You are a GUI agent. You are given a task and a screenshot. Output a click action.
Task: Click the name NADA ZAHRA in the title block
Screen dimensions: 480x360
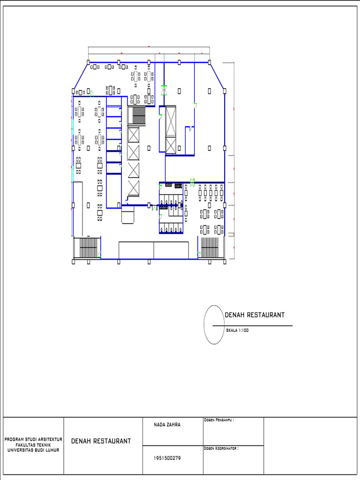point(167,425)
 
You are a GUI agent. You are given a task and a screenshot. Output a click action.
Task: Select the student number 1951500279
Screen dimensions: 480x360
point(167,458)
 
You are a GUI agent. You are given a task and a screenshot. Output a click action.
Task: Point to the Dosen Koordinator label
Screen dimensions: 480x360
point(221,448)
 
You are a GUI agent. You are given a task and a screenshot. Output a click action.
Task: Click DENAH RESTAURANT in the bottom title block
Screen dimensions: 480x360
point(101,441)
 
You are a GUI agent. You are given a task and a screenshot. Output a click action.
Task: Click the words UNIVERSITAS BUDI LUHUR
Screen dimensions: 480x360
point(33,449)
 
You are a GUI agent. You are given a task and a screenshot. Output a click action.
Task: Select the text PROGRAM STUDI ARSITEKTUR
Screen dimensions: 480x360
point(33,439)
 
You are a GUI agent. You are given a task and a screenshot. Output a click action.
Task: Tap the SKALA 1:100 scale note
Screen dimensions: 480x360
point(237,330)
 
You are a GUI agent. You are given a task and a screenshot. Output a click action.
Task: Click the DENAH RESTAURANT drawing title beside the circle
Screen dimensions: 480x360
point(255,315)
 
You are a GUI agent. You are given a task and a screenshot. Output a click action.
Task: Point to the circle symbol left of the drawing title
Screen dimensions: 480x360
point(213,325)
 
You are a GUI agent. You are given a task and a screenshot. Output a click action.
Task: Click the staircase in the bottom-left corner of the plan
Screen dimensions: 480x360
point(87,247)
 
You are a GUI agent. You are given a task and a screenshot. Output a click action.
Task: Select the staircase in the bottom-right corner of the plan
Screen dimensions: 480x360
point(211,247)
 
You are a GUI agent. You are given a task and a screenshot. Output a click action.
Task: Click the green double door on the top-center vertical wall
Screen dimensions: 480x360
point(164,90)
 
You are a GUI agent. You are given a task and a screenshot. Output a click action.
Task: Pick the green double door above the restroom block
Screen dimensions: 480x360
point(192,181)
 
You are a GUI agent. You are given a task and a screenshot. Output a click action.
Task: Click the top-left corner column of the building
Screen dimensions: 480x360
point(88,62)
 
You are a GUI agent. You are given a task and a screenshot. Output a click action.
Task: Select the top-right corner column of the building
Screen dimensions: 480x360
point(209,62)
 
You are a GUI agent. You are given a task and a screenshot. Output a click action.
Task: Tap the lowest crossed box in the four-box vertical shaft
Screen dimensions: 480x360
point(134,188)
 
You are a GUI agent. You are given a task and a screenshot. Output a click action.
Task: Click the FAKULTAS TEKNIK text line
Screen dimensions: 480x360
point(33,444)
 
